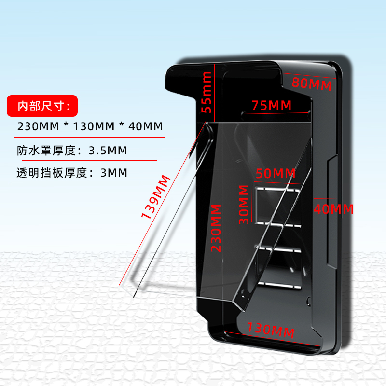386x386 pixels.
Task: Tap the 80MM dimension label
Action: pyautogui.click(x=312, y=83)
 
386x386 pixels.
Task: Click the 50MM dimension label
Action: pyautogui.click(x=276, y=173)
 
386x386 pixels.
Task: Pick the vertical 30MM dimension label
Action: pyautogui.click(x=244, y=205)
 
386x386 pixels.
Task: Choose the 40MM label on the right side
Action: pyautogui.click(x=333, y=209)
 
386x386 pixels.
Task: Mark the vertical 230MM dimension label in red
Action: pyautogui.click(x=216, y=228)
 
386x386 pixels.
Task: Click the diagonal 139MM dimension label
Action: pyautogui.click(x=156, y=197)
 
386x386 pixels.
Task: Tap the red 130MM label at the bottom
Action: pyautogui.click(x=271, y=331)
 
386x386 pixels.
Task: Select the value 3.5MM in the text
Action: pyautogui.click(x=108, y=151)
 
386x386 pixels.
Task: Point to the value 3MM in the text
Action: pyautogui.click(x=114, y=172)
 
